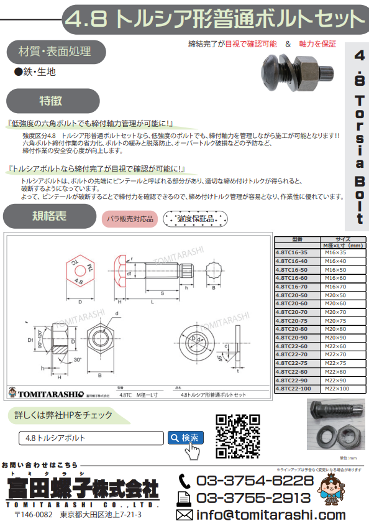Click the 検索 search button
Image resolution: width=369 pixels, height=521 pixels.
pos(186,438)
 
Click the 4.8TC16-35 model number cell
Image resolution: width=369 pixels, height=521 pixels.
pos(296,252)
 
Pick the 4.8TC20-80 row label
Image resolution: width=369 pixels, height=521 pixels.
pos(296,328)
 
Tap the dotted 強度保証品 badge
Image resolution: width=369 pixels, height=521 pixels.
pos(196,219)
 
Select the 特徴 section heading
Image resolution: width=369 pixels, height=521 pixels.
pos(52,100)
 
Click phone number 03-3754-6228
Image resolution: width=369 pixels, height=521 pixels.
pos(255,481)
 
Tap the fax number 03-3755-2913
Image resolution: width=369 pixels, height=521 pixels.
pos(255,498)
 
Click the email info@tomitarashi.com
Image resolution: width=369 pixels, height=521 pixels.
pos(270,514)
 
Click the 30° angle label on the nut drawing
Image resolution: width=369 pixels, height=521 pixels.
pos(76,360)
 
